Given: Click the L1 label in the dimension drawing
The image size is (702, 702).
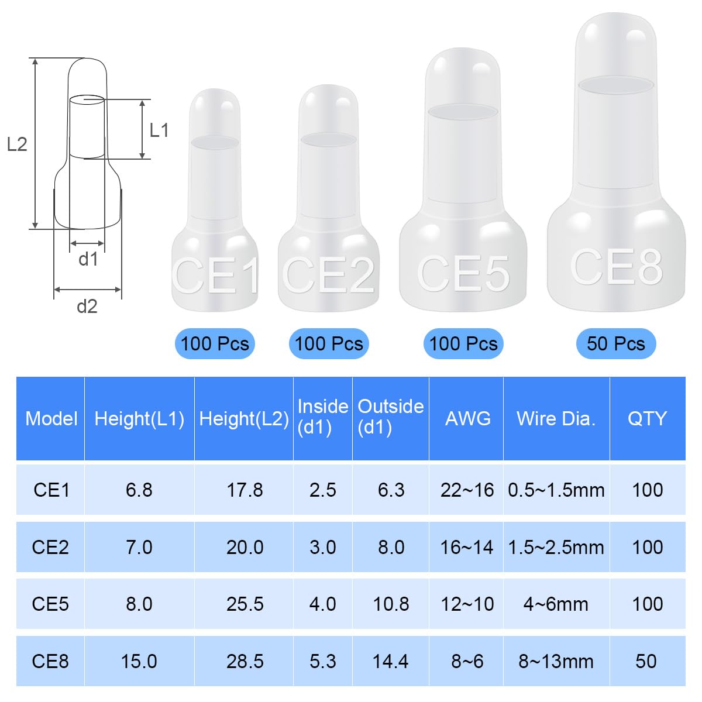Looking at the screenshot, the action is coord(159,130).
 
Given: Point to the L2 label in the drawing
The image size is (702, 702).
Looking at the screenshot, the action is coord(17,144).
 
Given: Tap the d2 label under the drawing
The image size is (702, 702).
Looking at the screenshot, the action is coord(87,307).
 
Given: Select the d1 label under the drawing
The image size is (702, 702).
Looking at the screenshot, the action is coord(88,259).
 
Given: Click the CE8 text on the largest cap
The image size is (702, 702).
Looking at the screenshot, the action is coord(616,267).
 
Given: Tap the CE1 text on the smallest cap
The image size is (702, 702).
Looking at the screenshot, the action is coord(216,275).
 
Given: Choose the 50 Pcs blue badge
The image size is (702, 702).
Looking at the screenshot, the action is coord(616,343).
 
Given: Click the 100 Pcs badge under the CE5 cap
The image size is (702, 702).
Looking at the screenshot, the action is coord(463,343).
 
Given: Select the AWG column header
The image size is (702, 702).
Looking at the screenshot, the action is coord(468,418).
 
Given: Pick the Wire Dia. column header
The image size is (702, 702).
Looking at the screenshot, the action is coord(556,418).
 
